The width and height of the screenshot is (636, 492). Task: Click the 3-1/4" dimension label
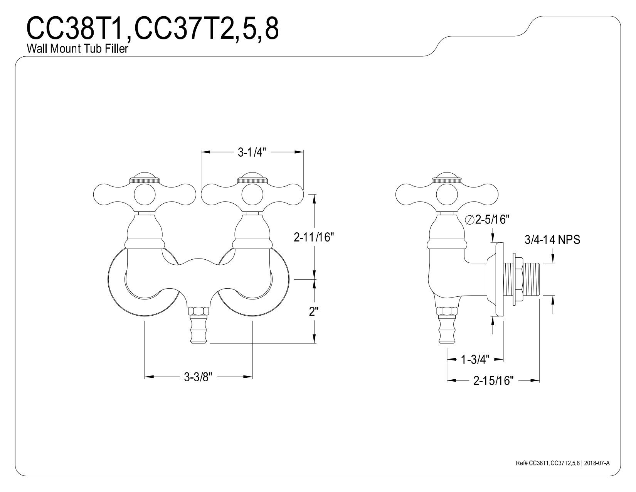pos(252,152)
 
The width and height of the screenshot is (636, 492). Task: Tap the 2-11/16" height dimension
pos(314,237)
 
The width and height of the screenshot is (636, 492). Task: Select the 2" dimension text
pos(314,311)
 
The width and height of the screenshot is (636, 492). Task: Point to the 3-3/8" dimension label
pos(198,377)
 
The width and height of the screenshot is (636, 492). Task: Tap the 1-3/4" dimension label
pos(475,359)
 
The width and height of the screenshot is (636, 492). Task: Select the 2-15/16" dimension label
pos(493,380)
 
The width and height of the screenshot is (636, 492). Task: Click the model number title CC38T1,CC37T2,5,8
pos(153,28)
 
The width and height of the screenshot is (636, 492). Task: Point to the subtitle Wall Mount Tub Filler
pos(77,48)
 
